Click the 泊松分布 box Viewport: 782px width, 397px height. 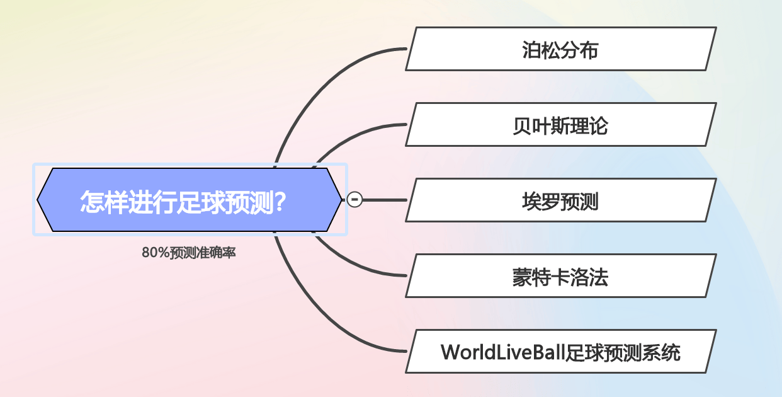coord(561,49)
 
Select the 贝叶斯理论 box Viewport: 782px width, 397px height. coord(561,124)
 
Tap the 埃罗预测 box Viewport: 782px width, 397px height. coord(561,200)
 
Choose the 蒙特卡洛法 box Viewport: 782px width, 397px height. coord(561,276)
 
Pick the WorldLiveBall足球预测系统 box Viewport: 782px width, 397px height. coord(561,351)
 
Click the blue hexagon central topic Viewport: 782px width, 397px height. coord(190,200)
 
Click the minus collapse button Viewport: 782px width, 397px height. coord(354,200)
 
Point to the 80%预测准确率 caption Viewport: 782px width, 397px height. coord(188,252)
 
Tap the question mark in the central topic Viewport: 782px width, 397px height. coord(280,202)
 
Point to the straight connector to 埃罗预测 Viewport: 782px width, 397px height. coord(385,200)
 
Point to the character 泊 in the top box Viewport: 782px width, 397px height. coord(531,50)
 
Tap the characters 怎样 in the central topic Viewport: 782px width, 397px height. coord(104,202)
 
